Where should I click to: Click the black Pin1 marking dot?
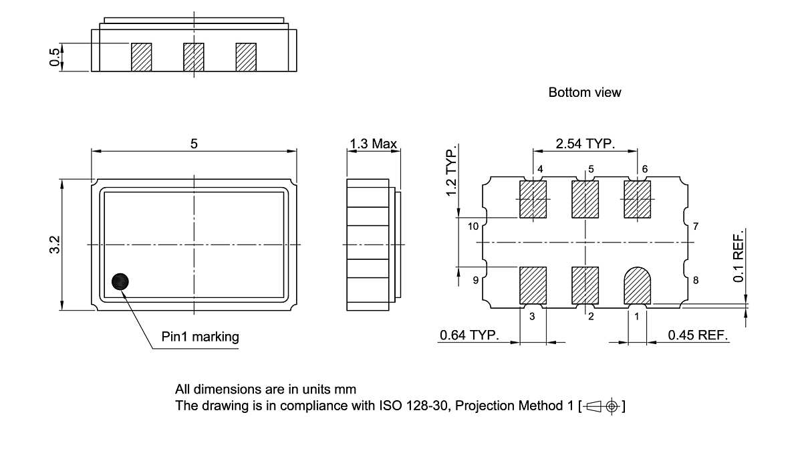[x=120, y=282]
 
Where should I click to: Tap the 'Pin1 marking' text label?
[x=200, y=337]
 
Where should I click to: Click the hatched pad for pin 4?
[x=533, y=199]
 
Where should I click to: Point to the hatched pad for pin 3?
[x=533, y=285]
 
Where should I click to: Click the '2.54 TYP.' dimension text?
[x=585, y=144]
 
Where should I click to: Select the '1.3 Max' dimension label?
[x=373, y=144]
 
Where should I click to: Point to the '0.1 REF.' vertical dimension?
[x=739, y=257]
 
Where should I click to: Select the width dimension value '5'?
[x=194, y=144]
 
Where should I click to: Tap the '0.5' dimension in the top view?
[x=54, y=57]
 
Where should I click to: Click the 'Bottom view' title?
[x=584, y=92]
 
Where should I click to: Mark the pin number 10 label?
[x=473, y=227]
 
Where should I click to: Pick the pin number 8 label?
[x=695, y=281]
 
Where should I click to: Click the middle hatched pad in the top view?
[x=194, y=57]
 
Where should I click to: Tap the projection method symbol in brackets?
[x=604, y=406]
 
